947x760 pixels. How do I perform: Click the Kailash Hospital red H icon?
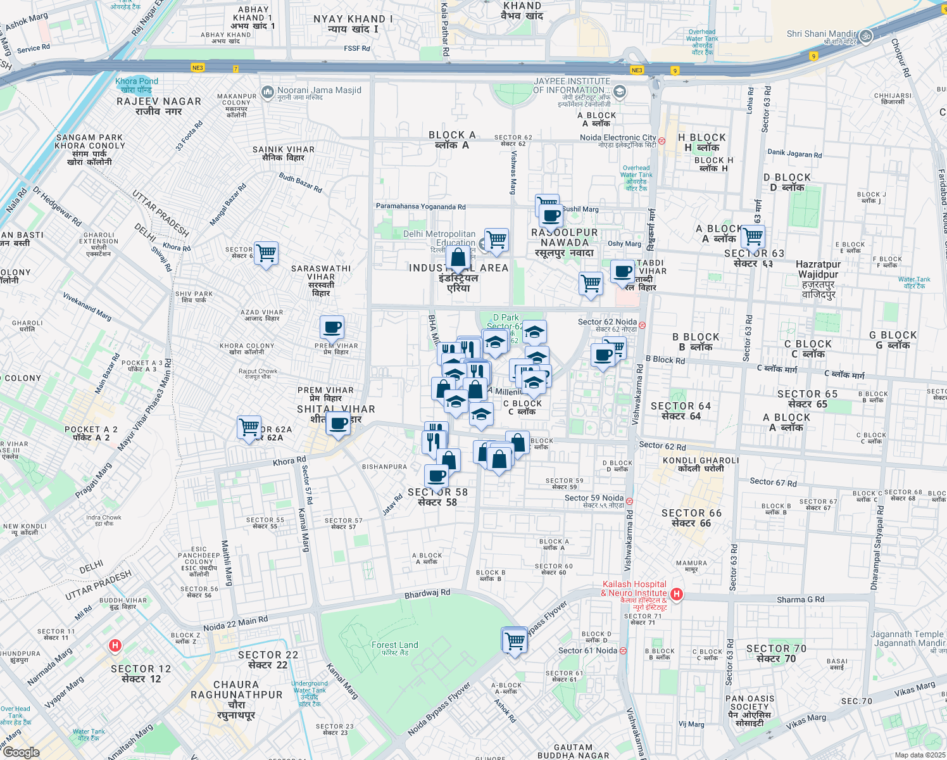pyautogui.click(x=677, y=594)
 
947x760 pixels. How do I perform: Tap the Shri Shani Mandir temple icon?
pyautogui.click(x=866, y=36)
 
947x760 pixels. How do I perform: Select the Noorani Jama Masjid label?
pyautogui.click(x=319, y=91)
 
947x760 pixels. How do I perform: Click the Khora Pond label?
pyautogui.click(x=137, y=81)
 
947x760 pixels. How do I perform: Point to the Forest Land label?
pyautogui.click(x=395, y=645)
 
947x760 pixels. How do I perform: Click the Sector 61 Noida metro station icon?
pyautogui.click(x=624, y=650)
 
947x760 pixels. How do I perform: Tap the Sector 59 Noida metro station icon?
pyautogui.click(x=629, y=501)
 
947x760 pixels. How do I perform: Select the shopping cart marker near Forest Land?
pyautogui.click(x=515, y=640)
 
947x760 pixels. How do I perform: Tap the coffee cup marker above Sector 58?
pyautogui.click(x=436, y=476)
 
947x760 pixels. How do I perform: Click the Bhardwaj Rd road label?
pyautogui.click(x=427, y=593)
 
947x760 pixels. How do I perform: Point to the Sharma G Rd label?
pyautogui.click(x=800, y=599)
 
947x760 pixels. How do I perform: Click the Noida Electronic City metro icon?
pyautogui.click(x=662, y=141)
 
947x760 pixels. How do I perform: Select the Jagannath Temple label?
pyautogui.click(x=906, y=634)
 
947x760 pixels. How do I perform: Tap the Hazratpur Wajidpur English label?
pyautogui.click(x=818, y=269)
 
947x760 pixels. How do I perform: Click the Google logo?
pyautogui.click(x=21, y=752)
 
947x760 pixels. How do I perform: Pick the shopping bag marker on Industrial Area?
pyautogui.click(x=458, y=258)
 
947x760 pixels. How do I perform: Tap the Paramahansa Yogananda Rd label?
pyautogui.click(x=420, y=206)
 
